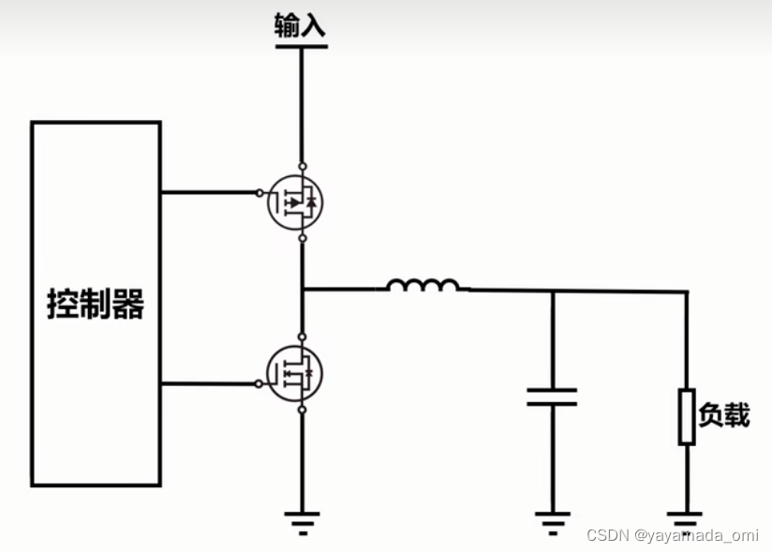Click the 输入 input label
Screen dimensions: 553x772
(300, 25)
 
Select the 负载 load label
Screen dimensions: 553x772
(725, 414)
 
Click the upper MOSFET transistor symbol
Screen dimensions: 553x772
(295, 202)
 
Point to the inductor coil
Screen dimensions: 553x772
(423, 284)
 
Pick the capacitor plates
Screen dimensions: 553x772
(551, 397)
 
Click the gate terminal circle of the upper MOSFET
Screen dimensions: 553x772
(260, 193)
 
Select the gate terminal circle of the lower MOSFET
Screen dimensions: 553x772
(259, 383)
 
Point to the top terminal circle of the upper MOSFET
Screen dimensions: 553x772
(302, 166)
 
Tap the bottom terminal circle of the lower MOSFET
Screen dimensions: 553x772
(302, 410)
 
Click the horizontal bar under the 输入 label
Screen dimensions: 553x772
(302, 45)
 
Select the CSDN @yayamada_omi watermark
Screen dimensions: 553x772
(672, 535)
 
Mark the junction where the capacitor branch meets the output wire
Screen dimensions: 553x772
(552, 291)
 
